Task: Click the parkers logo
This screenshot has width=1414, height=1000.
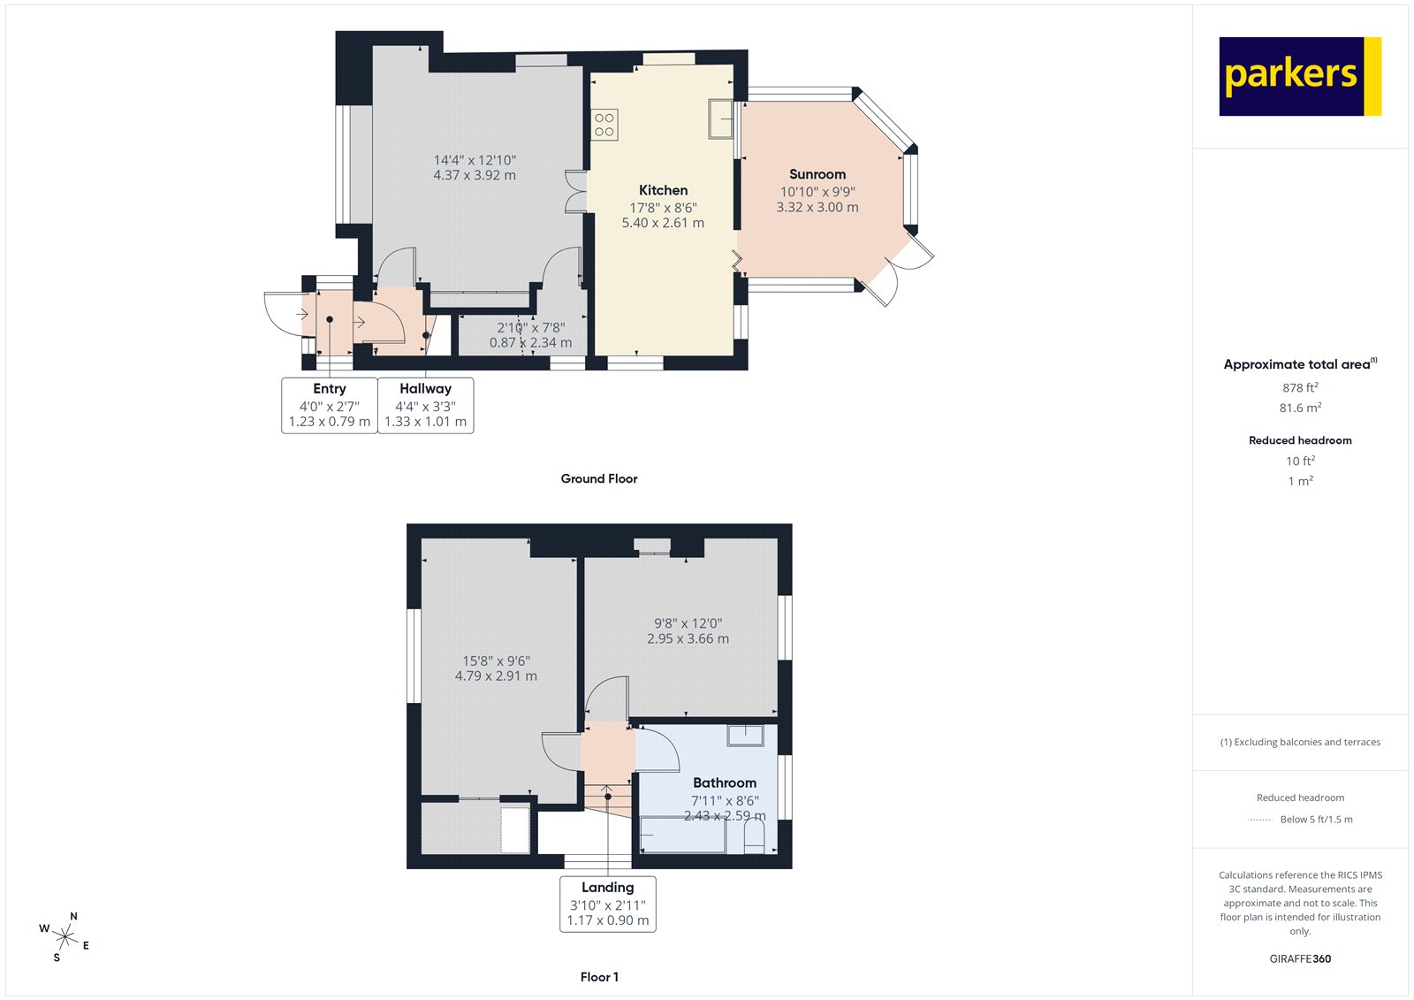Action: [1299, 76]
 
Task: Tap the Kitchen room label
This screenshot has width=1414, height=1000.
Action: [663, 190]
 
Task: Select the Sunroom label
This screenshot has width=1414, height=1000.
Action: [817, 174]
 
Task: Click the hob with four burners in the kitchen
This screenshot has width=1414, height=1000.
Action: [604, 125]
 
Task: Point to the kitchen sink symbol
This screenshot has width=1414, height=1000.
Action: [720, 118]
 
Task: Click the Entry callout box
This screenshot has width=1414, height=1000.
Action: [329, 405]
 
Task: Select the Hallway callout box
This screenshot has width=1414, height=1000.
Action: [425, 405]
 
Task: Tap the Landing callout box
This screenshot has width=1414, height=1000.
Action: [607, 904]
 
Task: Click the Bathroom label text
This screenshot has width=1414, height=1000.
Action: [724, 782]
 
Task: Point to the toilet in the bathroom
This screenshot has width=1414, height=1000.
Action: [754, 836]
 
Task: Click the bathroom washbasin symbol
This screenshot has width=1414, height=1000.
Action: [745, 735]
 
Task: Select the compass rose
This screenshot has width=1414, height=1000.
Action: [65, 936]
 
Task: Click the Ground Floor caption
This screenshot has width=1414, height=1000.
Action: [598, 478]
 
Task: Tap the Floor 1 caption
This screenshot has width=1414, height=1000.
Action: [599, 977]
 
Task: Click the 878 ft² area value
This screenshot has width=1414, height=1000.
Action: [1300, 387]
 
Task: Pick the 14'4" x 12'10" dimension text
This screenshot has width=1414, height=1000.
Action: [475, 160]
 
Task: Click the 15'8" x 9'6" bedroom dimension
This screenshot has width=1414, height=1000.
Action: [496, 660]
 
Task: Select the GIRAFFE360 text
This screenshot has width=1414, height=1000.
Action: [1300, 958]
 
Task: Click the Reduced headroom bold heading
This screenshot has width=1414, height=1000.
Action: [1300, 440]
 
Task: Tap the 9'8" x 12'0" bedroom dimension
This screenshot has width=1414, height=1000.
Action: [688, 623]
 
